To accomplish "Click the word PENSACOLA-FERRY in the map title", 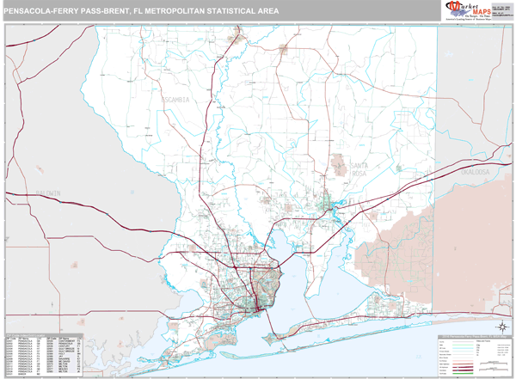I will point(42,11).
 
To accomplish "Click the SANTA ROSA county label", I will point(359,168).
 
